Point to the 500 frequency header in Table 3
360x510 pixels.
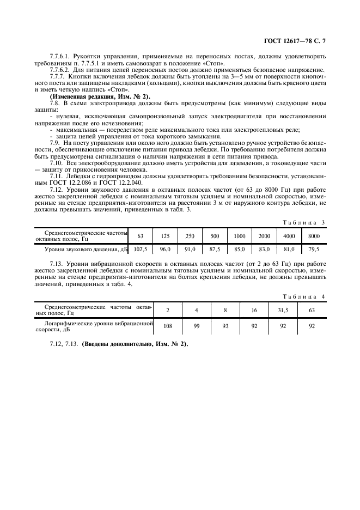pos(215,235)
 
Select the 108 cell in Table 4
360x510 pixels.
pos(167,325)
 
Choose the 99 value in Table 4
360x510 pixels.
pos(196,325)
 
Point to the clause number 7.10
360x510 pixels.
pos(56,163)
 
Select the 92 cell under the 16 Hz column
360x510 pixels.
pos(254,325)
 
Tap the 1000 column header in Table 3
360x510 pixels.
pos(240,235)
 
